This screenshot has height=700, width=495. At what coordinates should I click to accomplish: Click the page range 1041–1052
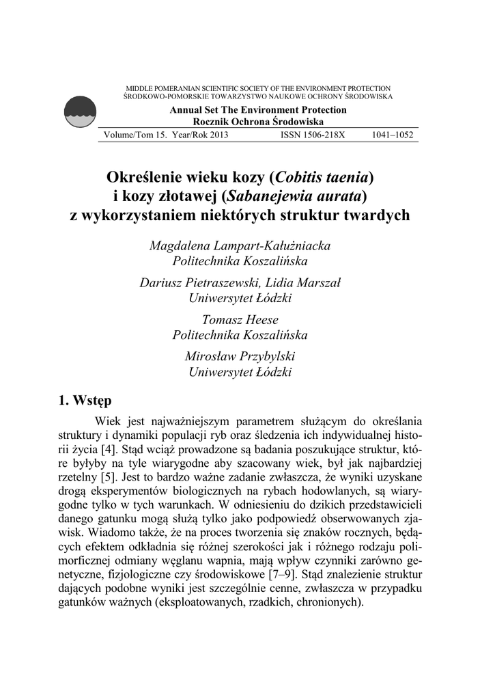393,135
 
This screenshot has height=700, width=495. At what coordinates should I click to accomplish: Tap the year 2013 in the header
214,135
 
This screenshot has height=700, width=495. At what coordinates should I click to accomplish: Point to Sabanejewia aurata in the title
294,196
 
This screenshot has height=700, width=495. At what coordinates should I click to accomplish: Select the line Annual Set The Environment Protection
258,110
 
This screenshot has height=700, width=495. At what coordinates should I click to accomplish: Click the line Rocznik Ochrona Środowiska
258,121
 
